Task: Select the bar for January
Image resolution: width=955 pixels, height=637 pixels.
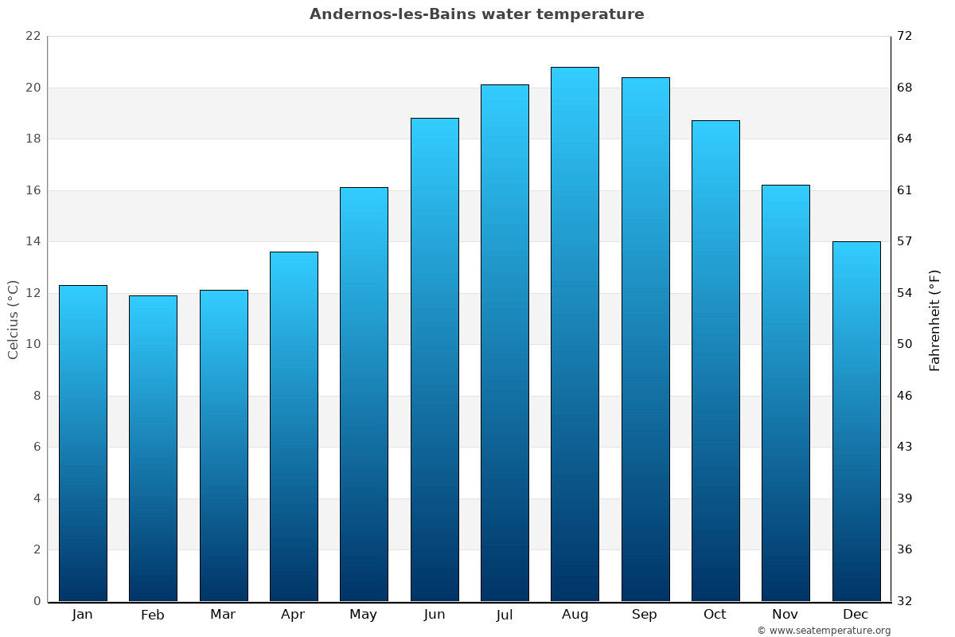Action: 83,443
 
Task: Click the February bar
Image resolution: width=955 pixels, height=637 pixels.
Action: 153,448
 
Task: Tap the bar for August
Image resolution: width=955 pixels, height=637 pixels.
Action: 575,334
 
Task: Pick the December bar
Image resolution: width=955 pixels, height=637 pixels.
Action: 856,421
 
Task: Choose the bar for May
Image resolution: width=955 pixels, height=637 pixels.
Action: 364,394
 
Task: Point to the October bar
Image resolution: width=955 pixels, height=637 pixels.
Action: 715,361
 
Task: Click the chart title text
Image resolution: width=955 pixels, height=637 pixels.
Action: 477,14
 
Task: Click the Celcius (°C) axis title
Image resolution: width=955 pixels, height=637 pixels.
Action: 13,319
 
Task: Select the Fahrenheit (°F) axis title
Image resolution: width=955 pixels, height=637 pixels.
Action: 935,320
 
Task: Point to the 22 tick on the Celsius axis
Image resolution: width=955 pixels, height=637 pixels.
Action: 33,37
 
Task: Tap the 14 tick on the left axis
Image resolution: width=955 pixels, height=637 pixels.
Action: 33,241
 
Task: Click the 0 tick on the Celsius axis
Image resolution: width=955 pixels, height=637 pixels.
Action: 37,601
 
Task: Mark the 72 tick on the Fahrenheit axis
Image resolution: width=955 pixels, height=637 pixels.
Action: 905,37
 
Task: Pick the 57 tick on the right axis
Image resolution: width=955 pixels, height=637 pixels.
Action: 905,241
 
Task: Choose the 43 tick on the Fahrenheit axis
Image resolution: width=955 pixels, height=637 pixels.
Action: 905,447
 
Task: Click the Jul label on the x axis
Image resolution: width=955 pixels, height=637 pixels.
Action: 505,615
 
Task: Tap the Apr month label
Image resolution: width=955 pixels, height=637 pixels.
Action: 294,615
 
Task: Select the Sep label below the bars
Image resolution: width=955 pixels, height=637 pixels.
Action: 645,615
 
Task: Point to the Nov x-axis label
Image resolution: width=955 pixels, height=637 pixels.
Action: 785,615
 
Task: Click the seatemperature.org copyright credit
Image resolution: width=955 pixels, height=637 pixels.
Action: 824,631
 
